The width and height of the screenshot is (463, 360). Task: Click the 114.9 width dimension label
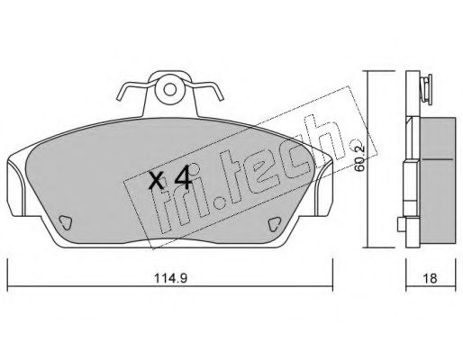(170, 278)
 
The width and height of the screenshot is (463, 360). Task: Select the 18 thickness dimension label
(430, 278)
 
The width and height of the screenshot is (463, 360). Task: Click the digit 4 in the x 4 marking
(183, 177)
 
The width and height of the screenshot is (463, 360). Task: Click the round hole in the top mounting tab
(170, 89)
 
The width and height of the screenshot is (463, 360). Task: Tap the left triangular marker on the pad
(65, 222)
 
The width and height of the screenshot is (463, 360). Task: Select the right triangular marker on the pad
(274, 224)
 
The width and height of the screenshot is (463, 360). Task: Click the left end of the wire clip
(119, 98)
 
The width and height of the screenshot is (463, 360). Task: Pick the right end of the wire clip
(222, 98)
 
